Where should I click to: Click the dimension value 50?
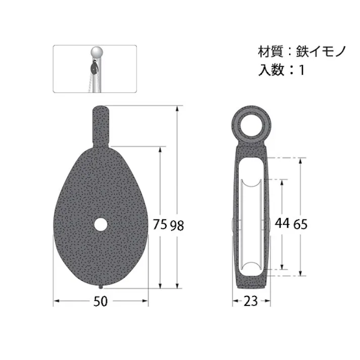click(x=101, y=301)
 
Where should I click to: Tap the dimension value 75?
click(x=160, y=225)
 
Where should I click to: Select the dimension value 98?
click(x=177, y=225)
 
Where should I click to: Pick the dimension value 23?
click(x=250, y=301)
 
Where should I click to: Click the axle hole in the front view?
click(x=100, y=224)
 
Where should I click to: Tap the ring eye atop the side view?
click(x=250, y=124)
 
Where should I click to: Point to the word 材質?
click(x=268, y=53)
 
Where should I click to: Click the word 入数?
click(x=268, y=70)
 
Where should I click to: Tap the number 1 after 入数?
click(x=302, y=70)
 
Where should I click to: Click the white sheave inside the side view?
click(x=250, y=225)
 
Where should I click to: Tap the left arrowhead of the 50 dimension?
click(x=56, y=301)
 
